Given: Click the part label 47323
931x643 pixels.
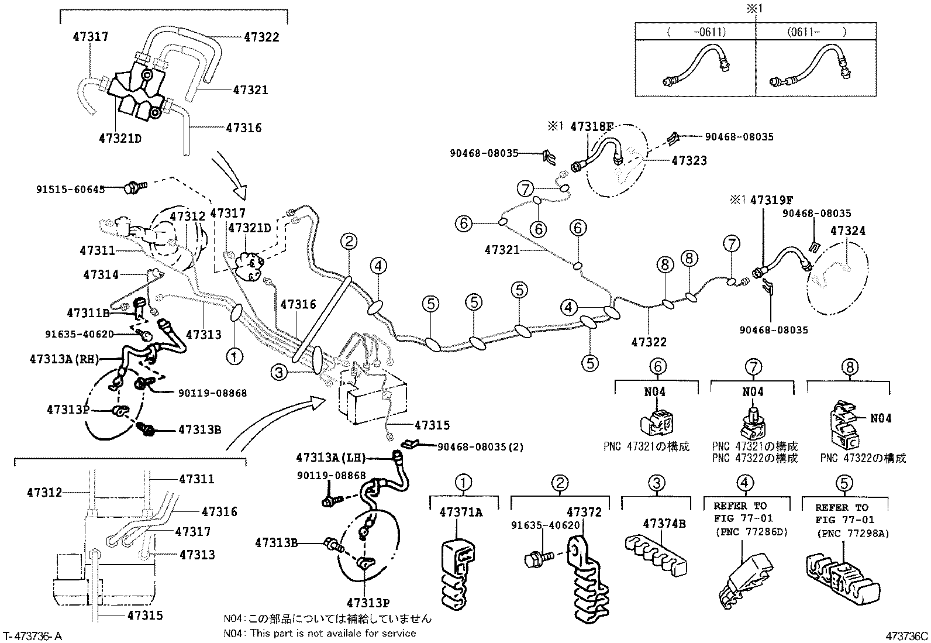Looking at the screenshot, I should tap(689, 160).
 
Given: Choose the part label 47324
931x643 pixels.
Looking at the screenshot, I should tap(847, 231).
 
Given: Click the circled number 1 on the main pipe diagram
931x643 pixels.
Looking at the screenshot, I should tap(235, 356).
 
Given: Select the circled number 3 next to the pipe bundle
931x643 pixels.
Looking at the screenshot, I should tap(280, 372).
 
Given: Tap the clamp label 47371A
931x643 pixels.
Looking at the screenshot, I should tap(461, 513).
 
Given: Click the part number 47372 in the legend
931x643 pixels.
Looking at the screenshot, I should tap(584, 513).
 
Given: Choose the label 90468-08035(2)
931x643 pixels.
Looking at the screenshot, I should tap(480, 446).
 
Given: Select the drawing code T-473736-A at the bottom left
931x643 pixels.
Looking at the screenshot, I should tap(32, 636).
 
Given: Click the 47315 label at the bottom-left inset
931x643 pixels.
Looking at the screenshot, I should tap(144, 615).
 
